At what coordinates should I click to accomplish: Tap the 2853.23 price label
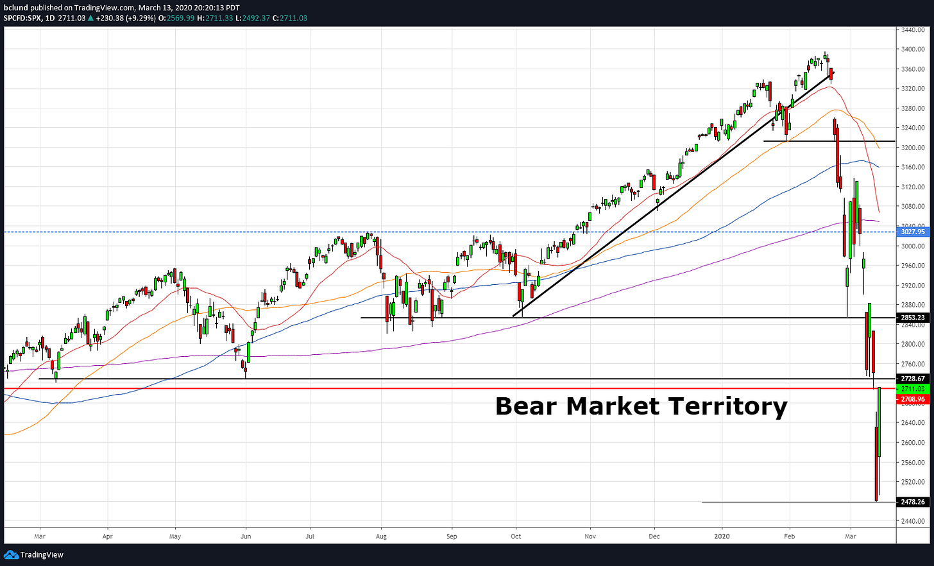coord(912,318)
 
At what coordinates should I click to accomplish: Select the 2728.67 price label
coord(912,379)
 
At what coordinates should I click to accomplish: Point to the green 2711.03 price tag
coord(912,389)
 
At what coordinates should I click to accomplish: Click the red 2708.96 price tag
coord(912,399)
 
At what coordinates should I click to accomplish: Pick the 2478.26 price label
coord(912,502)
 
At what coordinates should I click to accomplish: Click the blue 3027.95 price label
coord(912,232)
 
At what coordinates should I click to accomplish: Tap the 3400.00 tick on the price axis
coord(912,49)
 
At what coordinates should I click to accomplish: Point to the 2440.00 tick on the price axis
coord(912,521)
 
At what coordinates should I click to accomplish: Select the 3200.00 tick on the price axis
coord(912,148)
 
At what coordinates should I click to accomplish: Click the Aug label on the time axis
coord(381,536)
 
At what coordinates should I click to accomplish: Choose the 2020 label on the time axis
coord(722,536)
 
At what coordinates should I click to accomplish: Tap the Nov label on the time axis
coord(590,536)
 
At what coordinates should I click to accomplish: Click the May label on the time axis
coord(175,536)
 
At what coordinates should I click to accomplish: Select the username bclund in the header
coord(15,8)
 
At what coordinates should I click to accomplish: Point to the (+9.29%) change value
coord(142,18)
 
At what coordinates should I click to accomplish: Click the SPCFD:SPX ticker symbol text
coord(22,18)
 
